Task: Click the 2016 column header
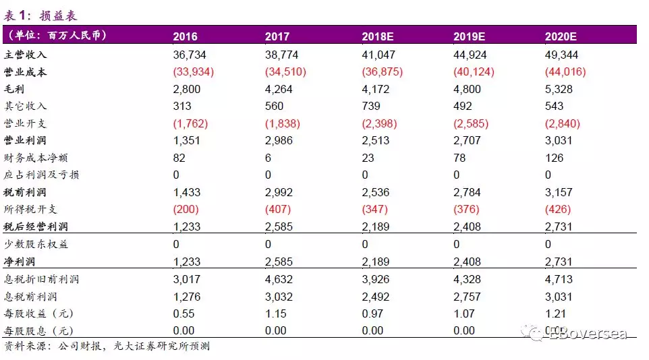(x=185, y=36)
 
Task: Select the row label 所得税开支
(x=31, y=210)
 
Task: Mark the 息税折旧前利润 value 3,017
(x=187, y=279)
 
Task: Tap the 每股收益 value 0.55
(x=184, y=313)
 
